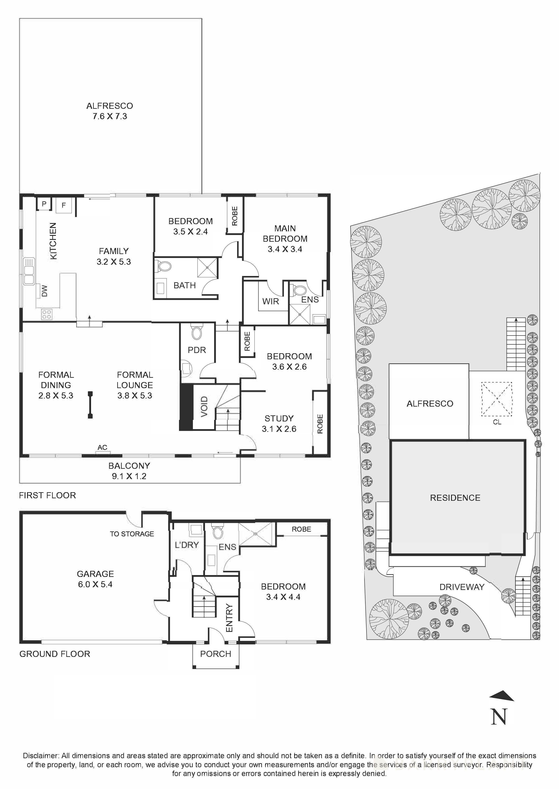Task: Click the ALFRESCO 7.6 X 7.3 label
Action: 110,111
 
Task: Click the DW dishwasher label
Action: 44,291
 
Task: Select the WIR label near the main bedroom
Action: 270,301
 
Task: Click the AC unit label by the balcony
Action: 102,447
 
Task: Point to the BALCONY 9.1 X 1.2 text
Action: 129,471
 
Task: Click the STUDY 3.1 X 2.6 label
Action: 279,423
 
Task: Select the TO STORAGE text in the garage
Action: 132,534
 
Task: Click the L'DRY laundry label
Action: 187,545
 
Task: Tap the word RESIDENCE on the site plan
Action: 455,498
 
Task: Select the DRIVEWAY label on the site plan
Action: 462,587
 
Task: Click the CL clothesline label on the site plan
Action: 497,422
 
